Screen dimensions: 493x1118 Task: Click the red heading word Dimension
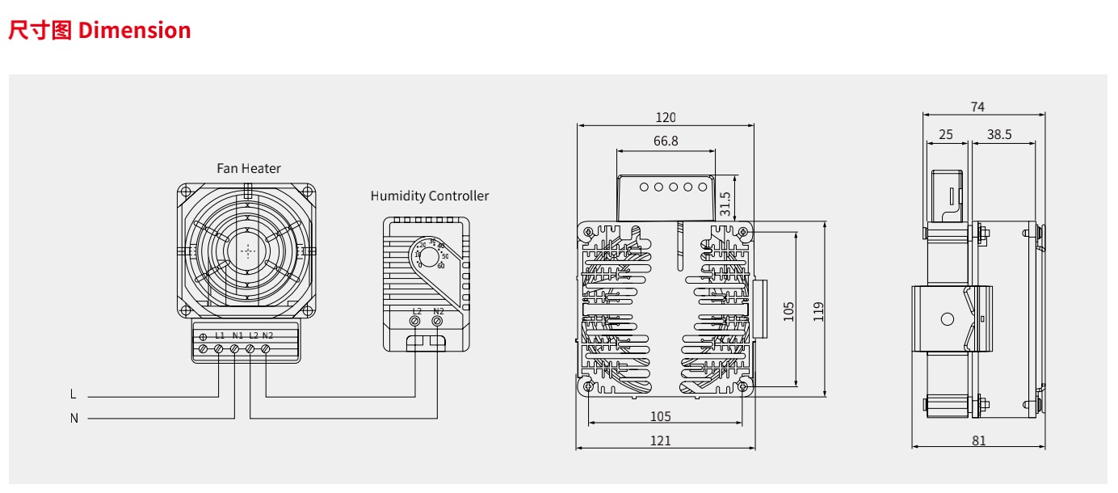coord(135,31)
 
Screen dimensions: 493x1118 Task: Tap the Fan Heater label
coord(249,168)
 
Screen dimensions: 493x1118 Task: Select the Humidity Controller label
coord(430,196)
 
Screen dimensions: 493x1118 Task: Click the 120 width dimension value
coord(666,117)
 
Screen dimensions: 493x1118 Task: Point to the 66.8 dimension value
coord(666,141)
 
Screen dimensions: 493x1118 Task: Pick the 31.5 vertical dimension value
coord(725,203)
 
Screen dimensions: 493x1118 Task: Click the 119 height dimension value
coord(818,311)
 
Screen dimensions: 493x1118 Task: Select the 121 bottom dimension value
coord(660,440)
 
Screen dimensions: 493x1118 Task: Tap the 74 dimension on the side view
coord(977,107)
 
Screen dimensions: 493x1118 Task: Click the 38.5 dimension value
coord(999,135)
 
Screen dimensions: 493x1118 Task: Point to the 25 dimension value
coord(946,135)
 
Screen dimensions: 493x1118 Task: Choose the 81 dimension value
coord(979,440)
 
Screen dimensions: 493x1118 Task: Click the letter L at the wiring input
coord(74,395)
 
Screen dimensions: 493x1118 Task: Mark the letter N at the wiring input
coord(74,418)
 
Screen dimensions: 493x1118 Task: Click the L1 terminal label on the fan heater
coord(220,335)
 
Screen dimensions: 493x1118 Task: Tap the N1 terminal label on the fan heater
coord(237,335)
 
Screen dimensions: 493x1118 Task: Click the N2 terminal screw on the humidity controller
coord(437,322)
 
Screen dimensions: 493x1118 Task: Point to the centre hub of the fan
coord(247,251)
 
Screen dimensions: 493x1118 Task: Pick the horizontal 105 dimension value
coord(660,417)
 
